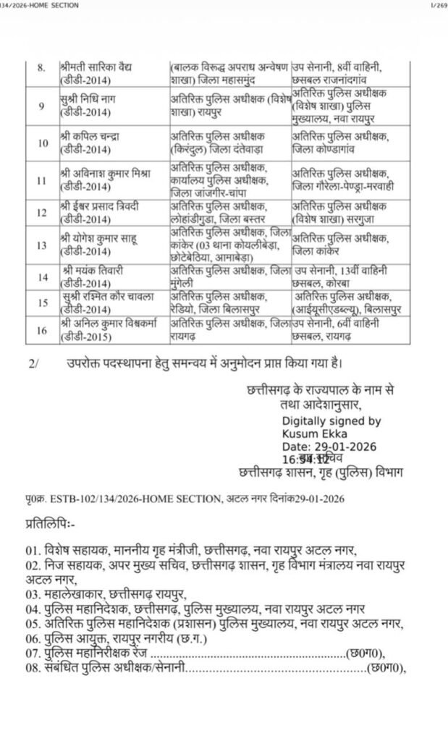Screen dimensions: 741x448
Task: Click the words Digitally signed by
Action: (331, 420)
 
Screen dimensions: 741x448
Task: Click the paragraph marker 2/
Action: (34, 363)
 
